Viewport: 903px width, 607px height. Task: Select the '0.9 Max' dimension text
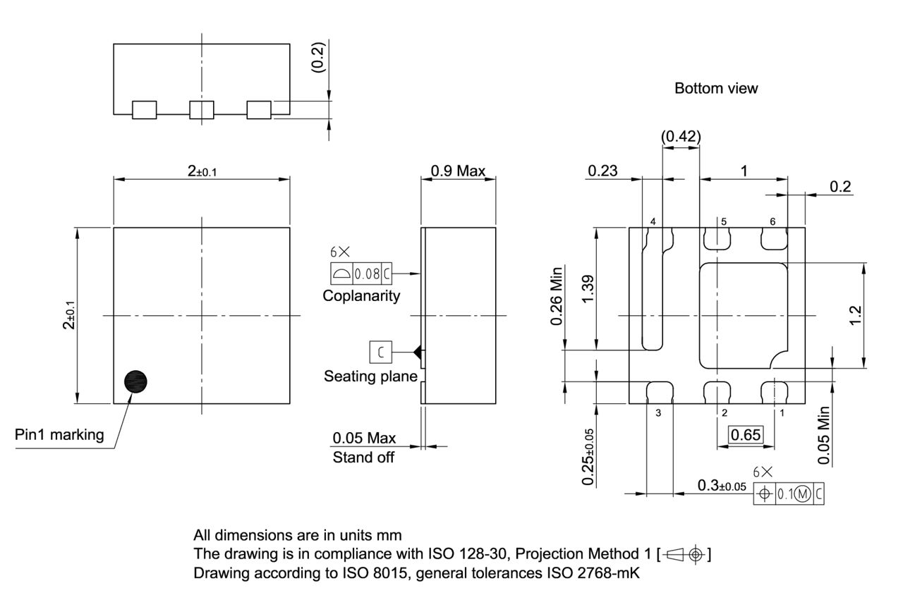point(458,171)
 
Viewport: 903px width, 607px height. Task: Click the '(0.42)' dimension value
point(681,136)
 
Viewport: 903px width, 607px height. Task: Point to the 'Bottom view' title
point(716,89)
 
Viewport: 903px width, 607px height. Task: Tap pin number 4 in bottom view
point(653,221)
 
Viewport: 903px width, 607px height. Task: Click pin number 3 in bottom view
point(657,413)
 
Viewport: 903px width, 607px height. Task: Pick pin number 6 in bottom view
point(772,221)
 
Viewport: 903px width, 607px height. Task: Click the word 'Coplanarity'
point(361,296)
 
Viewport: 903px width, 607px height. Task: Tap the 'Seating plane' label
point(370,376)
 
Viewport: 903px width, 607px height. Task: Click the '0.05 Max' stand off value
point(364,439)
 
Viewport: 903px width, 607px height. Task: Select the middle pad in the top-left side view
point(201,110)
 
